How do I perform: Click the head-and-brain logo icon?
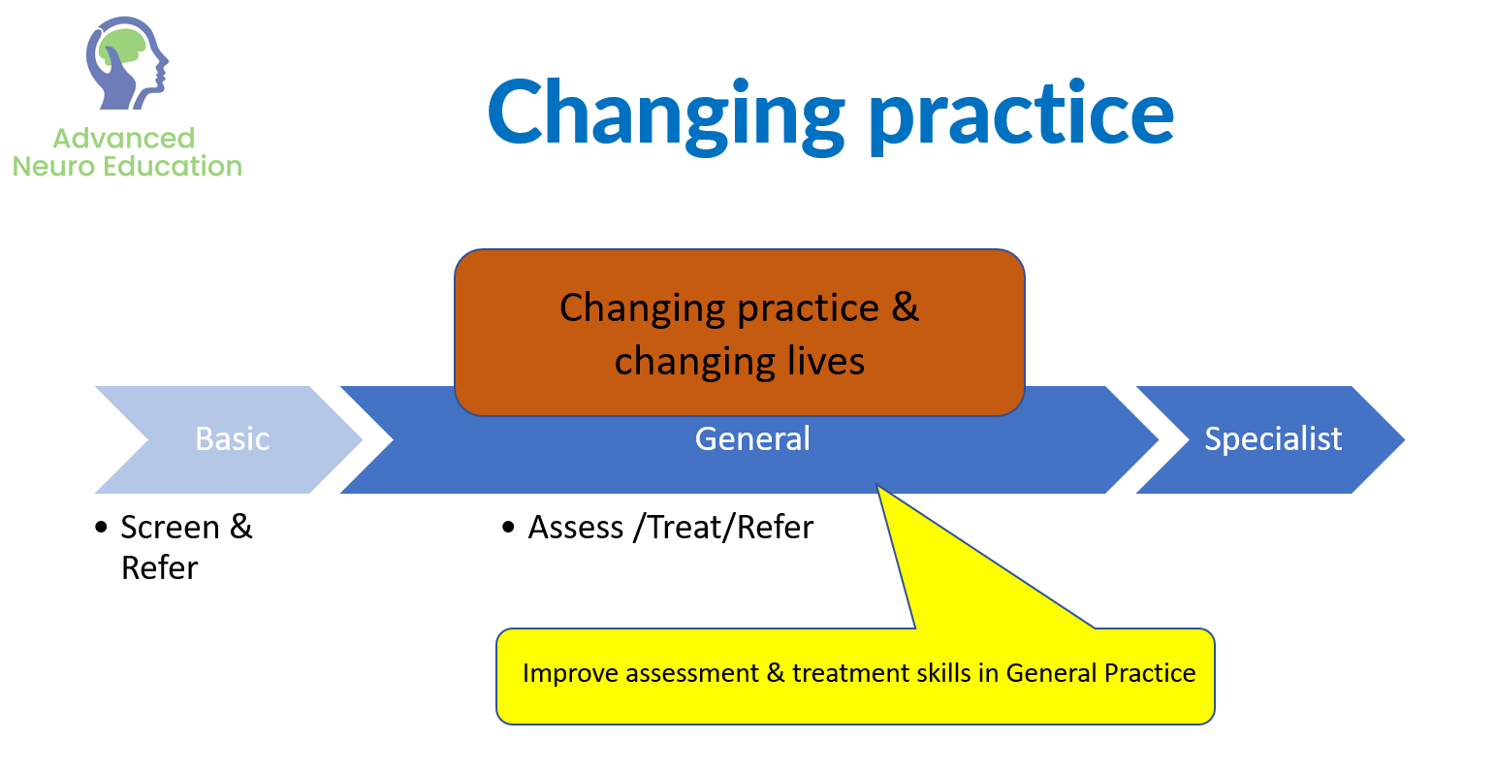[127, 63]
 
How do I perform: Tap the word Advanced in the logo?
[123, 139]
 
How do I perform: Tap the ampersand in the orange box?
[905, 306]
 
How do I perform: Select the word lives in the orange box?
[825, 361]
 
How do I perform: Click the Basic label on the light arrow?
[233, 439]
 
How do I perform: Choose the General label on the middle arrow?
[752, 439]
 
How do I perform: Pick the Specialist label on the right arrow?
[1273, 439]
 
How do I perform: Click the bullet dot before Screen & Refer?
[101, 528]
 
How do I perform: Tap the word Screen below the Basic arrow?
[171, 528]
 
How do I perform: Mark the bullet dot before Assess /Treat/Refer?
[508, 528]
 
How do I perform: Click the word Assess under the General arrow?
[576, 528]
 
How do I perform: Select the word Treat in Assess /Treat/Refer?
[686, 528]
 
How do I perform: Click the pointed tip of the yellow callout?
[876, 485]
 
